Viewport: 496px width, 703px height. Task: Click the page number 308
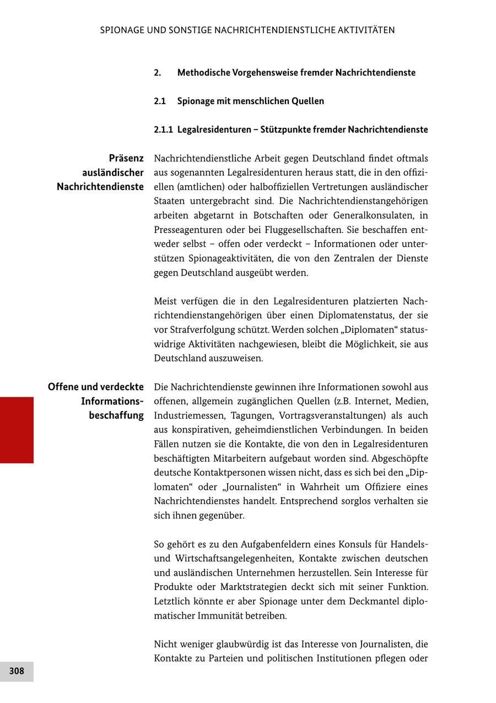(17, 671)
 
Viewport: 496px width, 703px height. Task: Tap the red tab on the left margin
(17, 430)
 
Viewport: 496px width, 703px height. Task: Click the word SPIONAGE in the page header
(121, 30)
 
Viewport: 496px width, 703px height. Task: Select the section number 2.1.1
(163, 130)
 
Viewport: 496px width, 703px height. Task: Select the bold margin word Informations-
(112, 401)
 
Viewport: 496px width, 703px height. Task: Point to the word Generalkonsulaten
(373, 215)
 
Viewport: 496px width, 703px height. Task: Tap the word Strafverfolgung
(204, 330)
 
